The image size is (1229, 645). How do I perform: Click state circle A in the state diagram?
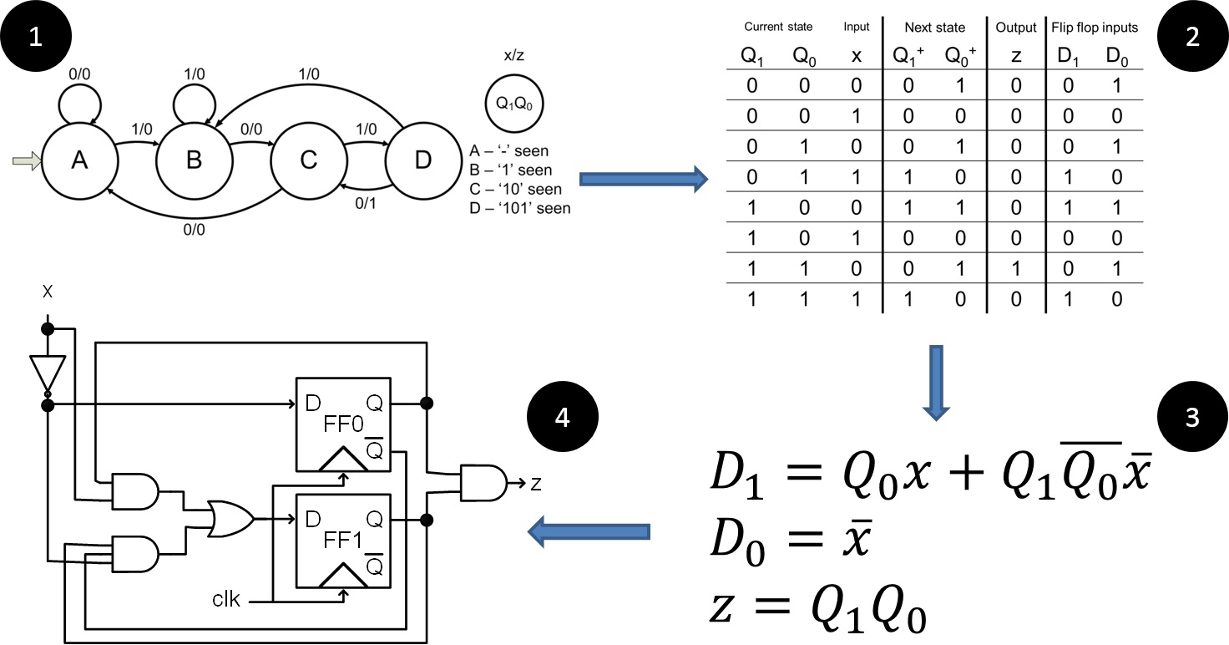[x=79, y=161]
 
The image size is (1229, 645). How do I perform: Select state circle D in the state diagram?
[x=423, y=161]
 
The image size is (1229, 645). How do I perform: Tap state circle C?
[x=309, y=161]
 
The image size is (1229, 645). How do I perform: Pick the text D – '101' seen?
[x=520, y=208]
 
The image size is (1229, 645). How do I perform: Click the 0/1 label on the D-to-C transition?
[x=365, y=201]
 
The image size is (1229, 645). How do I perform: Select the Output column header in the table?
[x=1015, y=28]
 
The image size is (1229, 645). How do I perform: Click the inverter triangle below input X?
[x=47, y=372]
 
